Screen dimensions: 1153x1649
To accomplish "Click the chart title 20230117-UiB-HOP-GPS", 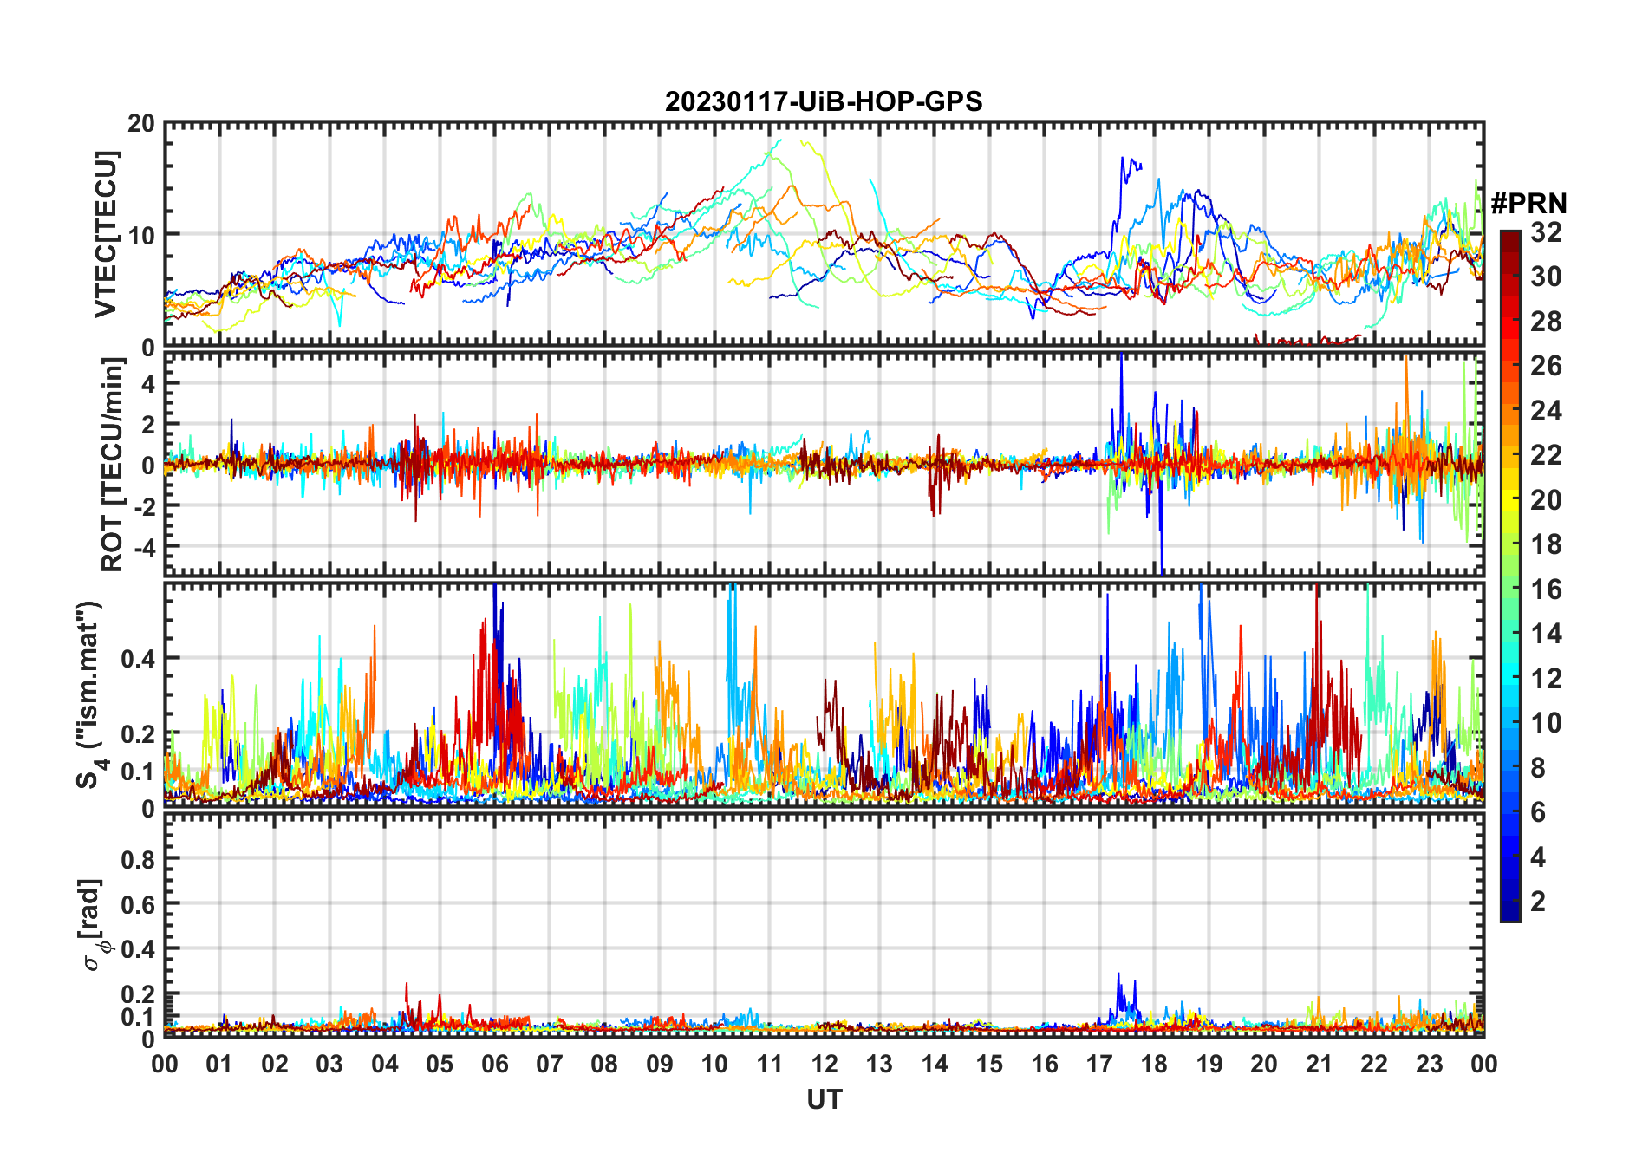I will click(x=824, y=102).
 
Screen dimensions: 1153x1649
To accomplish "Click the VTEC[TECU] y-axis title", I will click(x=106, y=235).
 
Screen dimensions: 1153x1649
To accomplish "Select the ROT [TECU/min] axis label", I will click(x=113, y=465).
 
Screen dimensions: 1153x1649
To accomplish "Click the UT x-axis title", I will click(x=824, y=1100).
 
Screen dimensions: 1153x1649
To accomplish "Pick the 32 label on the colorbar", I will click(x=1546, y=232).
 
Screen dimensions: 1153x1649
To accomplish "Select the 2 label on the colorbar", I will click(x=1538, y=902).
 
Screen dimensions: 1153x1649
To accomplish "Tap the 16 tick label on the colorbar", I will click(x=1546, y=590).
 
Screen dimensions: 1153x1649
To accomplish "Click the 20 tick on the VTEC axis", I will click(x=141, y=124).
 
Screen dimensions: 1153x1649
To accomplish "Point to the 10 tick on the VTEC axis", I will click(x=141, y=235).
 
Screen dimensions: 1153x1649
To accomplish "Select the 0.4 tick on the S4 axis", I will click(x=138, y=659).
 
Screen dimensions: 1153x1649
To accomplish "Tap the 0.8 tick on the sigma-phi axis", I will click(x=138, y=860).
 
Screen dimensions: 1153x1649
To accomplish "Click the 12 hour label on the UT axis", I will click(x=824, y=1065).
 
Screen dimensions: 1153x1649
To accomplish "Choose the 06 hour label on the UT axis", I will click(x=495, y=1065).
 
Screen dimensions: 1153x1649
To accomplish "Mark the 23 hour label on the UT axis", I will click(x=1429, y=1065).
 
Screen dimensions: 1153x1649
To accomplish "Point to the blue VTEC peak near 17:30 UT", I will click(x=1123, y=159).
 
